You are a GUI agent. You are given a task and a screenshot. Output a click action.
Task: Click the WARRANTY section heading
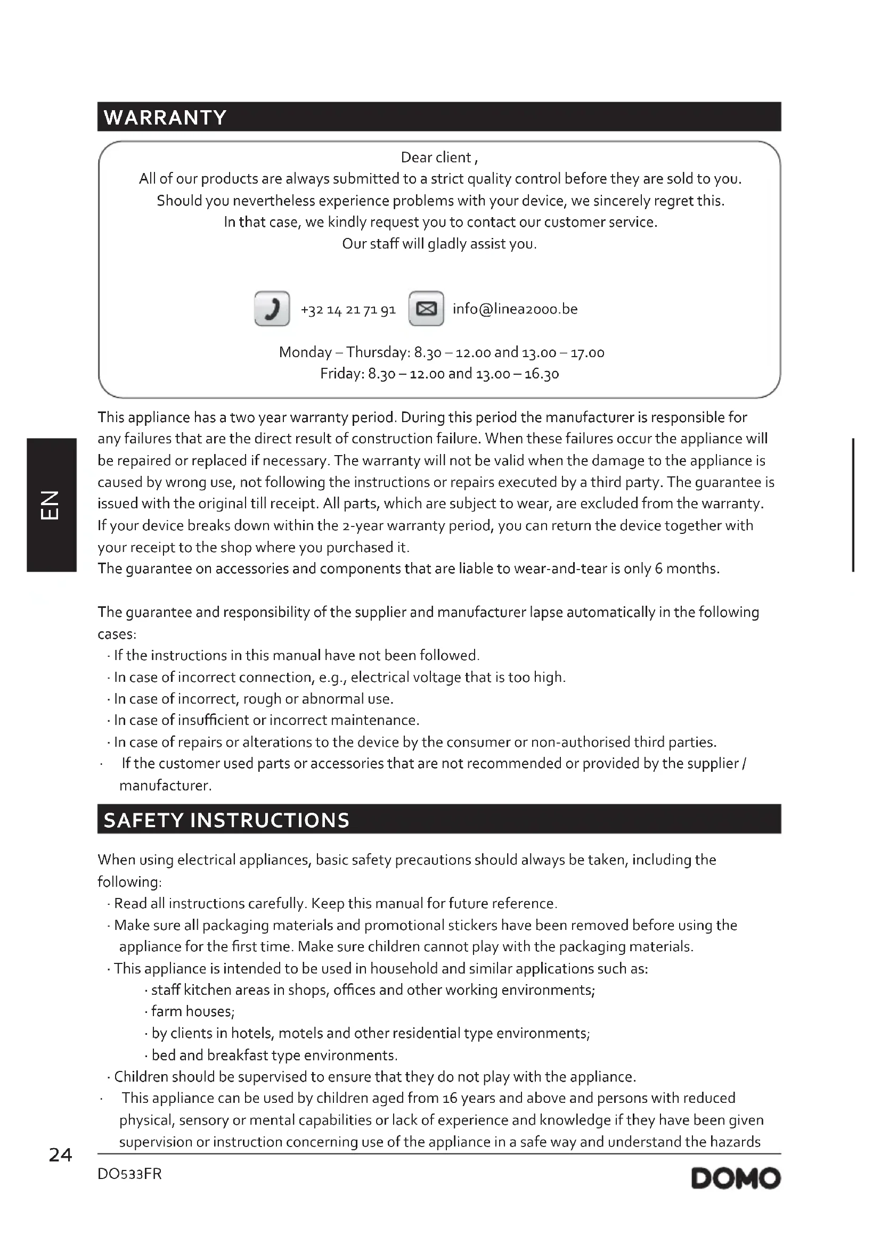pos(165,117)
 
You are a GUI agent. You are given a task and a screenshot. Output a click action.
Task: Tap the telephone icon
pos(272,309)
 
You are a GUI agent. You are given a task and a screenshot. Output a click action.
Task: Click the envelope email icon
pos(426,309)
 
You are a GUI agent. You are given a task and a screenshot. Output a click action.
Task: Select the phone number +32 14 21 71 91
pos(348,310)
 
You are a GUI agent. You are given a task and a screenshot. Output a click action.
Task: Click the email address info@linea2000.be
pos(515,309)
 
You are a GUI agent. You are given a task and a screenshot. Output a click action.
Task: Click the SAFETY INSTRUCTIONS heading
pos(226,820)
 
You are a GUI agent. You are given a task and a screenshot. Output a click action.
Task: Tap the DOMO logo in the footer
pos(736,1178)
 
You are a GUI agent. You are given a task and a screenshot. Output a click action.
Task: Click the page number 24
pos(60,1156)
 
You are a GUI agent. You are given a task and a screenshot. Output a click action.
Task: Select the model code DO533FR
pos(129,1174)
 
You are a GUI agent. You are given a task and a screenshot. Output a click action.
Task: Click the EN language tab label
pos(51,505)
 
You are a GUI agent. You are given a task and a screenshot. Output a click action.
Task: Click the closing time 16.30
pos(541,374)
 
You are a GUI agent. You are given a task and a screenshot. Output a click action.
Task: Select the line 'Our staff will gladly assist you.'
pos(439,244)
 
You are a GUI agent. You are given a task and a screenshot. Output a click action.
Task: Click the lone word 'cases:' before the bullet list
pos(117,634)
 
